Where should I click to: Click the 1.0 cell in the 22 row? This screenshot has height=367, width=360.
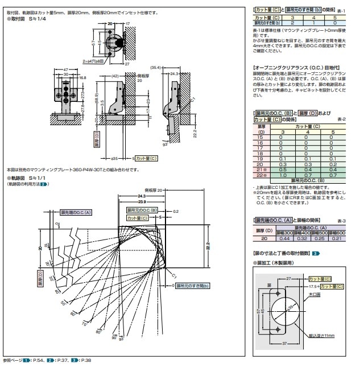(280, 175)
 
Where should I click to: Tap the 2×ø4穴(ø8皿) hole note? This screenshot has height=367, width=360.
(96, 60)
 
